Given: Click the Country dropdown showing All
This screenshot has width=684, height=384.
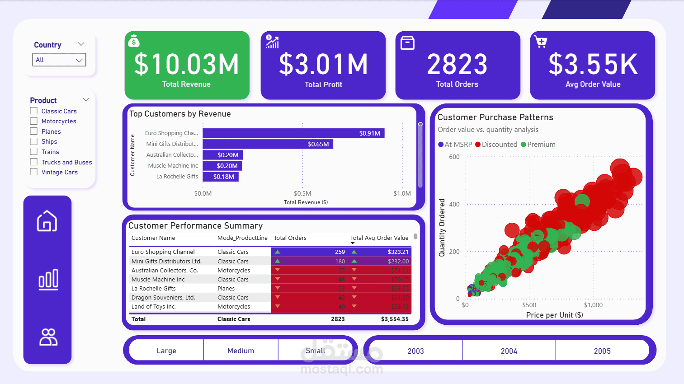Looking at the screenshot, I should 59,60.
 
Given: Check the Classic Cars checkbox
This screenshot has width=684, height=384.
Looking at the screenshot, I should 34,111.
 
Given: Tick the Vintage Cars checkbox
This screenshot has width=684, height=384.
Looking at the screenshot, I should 34,172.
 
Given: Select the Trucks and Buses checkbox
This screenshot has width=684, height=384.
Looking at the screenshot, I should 34,162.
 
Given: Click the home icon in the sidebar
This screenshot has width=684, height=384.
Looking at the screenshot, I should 47,221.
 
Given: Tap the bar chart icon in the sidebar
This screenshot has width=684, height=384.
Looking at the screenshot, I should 48,279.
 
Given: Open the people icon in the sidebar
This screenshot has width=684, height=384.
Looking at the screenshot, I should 48,337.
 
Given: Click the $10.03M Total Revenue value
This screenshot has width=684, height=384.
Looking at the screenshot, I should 186,64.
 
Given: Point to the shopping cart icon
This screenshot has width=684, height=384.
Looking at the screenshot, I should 541,42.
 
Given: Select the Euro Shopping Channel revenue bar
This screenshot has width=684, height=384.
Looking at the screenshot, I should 293,133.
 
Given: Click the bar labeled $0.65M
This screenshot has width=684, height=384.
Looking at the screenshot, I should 268,144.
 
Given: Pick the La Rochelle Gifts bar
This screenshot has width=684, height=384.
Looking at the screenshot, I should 220,177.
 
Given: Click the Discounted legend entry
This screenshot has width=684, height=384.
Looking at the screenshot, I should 496,145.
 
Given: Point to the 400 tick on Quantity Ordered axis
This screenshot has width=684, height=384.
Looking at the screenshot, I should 454,204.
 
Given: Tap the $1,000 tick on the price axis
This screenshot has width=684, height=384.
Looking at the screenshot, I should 593,305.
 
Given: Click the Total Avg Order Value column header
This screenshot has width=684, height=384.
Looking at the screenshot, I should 379,238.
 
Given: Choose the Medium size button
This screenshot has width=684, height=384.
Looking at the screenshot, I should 241,351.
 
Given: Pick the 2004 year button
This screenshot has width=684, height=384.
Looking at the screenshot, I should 509,351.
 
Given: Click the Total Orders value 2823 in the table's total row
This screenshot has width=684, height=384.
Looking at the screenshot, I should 337,319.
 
